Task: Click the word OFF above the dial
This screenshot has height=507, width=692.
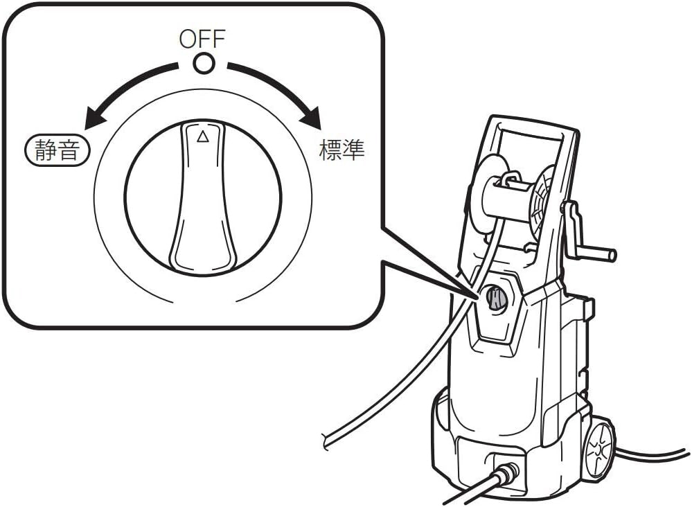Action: point(203,39)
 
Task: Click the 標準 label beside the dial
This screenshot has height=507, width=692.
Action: point(341,150)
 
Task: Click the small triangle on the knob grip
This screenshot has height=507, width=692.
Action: point(202,136)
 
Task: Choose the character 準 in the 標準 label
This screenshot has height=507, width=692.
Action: point(353,150)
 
